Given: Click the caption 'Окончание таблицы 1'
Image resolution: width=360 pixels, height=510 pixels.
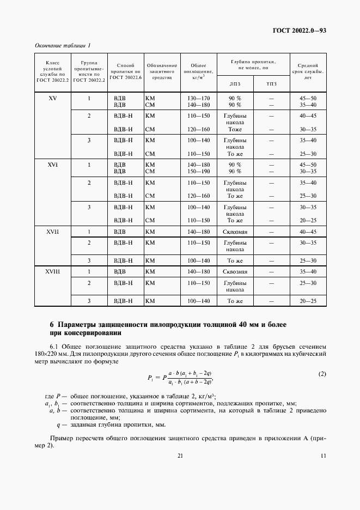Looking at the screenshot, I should point(63,45).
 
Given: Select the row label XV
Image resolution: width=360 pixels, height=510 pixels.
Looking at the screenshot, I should point(52,98).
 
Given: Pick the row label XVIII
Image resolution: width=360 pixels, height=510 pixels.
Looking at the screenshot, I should point(52,271).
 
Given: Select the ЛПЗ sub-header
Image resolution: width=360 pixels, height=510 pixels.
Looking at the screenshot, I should point(235,83).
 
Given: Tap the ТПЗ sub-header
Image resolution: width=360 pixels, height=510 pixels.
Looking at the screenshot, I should point(271,83).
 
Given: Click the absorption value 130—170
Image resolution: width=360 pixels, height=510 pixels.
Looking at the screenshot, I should point(198,98).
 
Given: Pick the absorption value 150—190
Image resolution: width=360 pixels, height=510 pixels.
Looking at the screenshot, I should point(198,171).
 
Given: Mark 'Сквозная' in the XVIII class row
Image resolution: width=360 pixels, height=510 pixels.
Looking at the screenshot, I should point(235,271).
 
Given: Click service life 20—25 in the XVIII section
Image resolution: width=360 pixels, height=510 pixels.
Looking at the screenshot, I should point(308,301).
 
